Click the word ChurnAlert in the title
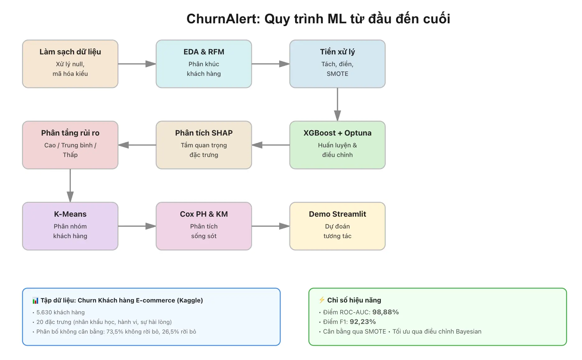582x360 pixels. [224, 19]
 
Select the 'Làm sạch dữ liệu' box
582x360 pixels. [70, 64]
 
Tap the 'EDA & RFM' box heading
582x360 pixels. [204, 52]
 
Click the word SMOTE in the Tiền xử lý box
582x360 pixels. [337, 74]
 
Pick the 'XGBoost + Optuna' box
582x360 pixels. [337, 145]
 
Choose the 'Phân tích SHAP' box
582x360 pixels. [204, 145]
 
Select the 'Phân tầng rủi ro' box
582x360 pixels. [70, 145]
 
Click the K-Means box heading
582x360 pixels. [70, 214]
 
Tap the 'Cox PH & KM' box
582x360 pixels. [204, 226]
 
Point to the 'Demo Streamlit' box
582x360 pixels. [337, 226]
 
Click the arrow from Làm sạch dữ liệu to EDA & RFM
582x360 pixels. [137, 64]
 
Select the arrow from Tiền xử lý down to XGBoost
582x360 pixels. [337, 104]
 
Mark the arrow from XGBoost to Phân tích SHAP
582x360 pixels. [270, 145]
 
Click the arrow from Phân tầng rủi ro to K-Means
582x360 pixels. [70, 186]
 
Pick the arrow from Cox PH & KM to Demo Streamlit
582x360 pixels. [270, 226]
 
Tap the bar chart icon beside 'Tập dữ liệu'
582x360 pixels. [35, 301]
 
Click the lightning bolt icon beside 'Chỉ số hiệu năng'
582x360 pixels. [322, 300]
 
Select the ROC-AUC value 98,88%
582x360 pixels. [386, 312]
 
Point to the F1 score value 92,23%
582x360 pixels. [363, 322]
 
